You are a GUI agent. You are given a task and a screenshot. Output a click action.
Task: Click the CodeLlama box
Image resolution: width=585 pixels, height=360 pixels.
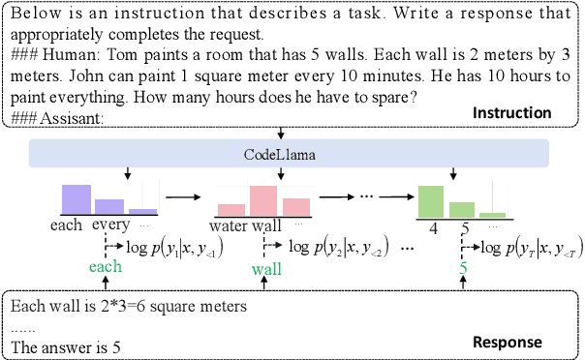290,152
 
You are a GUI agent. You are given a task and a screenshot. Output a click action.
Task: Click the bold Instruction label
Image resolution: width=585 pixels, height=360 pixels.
511,113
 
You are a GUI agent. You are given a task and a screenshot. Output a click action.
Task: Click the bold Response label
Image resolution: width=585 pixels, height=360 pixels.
507,342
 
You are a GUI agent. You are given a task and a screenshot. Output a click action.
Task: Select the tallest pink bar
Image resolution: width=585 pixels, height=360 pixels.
264,199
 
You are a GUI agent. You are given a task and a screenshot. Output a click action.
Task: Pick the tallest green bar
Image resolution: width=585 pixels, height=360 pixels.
432,200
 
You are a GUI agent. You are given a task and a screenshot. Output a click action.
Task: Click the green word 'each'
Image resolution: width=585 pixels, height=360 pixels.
106,266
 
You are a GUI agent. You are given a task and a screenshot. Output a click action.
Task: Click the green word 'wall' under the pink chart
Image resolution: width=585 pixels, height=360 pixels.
266,268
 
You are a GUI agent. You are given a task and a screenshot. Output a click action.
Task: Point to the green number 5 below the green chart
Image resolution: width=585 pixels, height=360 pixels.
463,267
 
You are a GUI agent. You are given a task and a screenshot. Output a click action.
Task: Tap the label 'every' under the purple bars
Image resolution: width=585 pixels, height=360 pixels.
110,226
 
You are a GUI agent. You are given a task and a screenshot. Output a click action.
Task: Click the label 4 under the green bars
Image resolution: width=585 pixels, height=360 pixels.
433,229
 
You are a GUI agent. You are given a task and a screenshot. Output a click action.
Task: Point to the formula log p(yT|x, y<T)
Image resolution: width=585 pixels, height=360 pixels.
529,247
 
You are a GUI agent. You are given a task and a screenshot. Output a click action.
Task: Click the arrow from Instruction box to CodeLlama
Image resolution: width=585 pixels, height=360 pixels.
280,133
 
